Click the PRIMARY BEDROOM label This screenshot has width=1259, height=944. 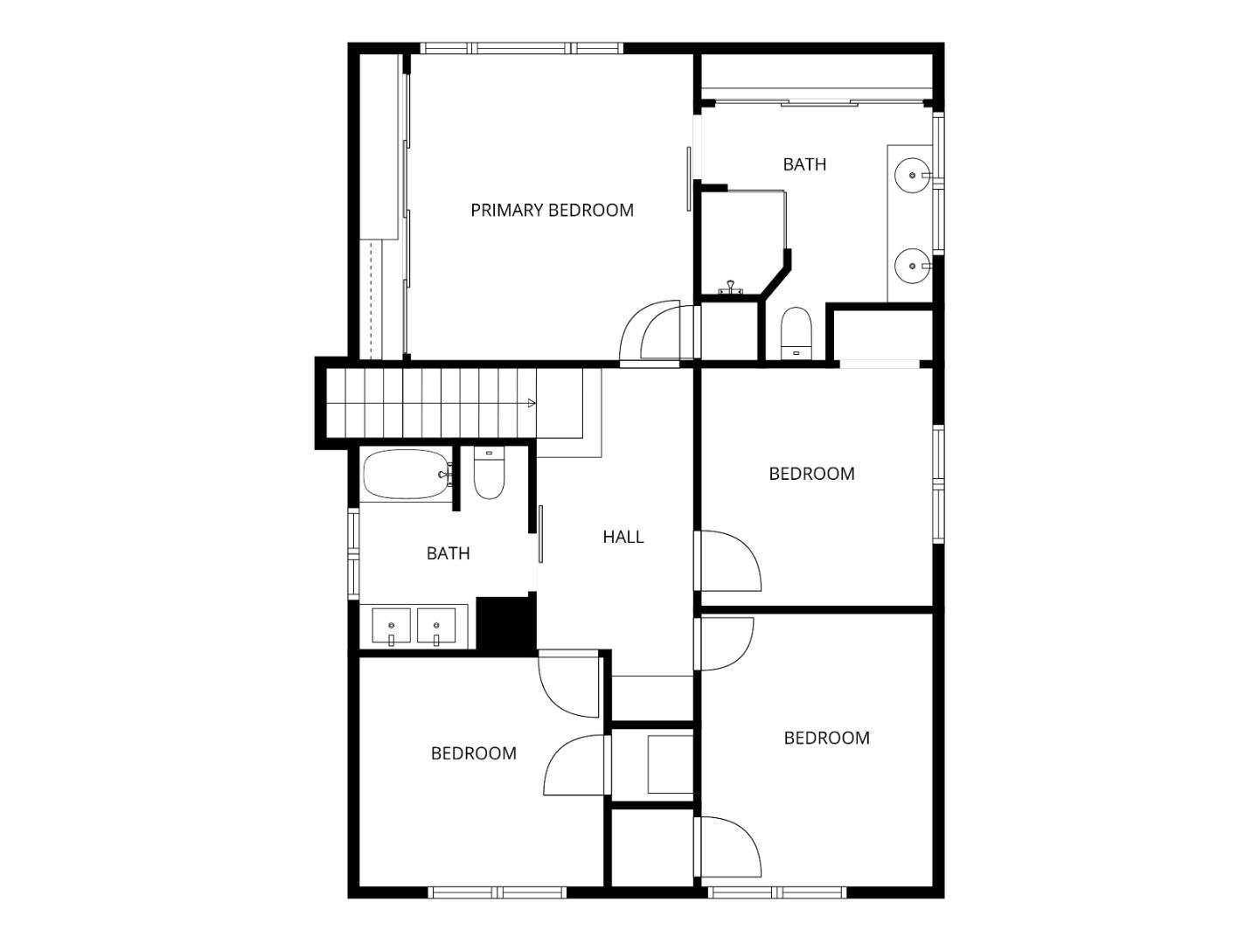tap(552, 211)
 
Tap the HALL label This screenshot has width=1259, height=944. tap(623, 537)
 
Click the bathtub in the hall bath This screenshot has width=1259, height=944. tap(406, 475)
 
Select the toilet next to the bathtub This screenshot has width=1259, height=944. tap(489, 477)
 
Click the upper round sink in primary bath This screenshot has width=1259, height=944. tap(912, 176)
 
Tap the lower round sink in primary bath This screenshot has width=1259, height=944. tap(912, 264)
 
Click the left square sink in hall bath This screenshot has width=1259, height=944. tap(391, 627)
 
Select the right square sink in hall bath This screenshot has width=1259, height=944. tap(436, 627)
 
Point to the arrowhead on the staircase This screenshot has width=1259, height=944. tap(532, 403)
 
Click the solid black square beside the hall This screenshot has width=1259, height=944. tap(506, 625)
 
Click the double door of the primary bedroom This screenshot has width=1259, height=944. tap(651, 331)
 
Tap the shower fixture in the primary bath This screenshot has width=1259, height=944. tap(731, 286)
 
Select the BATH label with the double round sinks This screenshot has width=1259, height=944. tap(804, 164)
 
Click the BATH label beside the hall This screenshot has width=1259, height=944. tap(448, 553)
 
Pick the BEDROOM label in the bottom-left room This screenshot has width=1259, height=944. tap(473, 753)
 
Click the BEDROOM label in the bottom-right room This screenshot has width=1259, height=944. tap(826, 739)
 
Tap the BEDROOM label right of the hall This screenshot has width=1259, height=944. tap(811, 474)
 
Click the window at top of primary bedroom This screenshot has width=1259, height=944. tap(522, 48)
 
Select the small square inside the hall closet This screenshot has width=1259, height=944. tap(671, 764)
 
